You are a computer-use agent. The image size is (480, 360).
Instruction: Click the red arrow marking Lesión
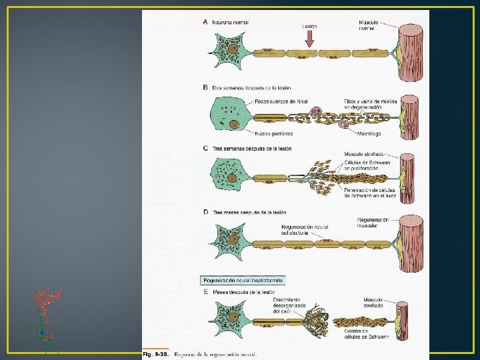[x=309, y=41]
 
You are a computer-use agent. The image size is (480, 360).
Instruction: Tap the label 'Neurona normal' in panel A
[x=231, y=22]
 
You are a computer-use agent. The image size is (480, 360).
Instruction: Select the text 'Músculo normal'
[x=368, y=25]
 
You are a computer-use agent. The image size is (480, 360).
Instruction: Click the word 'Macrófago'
[x=368, y=134]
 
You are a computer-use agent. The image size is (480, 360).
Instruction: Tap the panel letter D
[x=205, y=212]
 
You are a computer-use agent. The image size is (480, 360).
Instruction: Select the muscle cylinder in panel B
[x=408, y=119]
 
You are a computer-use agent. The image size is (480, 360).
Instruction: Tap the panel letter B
[x=205, y=87]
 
